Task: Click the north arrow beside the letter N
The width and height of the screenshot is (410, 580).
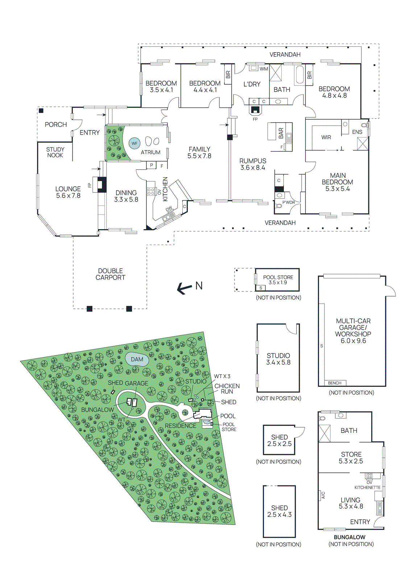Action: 185,289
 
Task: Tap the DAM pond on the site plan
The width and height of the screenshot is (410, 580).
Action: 137,359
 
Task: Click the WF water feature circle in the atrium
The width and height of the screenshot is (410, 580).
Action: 134,143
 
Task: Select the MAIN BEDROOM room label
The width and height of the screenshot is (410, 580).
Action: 337,182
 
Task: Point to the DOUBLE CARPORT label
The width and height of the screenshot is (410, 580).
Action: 110,274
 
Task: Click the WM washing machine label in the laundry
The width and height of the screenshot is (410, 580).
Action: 264,69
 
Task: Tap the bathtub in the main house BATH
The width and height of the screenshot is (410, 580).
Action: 300,75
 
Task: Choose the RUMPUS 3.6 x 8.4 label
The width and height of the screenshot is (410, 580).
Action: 253,164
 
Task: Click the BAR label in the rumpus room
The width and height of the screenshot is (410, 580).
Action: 281,133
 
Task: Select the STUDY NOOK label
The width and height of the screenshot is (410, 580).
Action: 55,152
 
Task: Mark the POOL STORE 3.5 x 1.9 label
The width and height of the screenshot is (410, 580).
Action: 278,280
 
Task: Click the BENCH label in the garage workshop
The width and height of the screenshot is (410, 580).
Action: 335,383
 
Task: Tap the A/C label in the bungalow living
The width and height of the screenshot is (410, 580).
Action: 323,495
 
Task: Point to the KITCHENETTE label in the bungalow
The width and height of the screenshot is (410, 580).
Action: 367,488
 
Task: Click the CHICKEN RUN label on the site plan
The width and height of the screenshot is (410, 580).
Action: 227,389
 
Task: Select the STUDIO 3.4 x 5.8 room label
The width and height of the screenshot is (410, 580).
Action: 278,359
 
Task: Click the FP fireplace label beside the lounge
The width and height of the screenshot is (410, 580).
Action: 90,185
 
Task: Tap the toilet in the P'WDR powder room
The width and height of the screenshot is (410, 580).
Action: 279,206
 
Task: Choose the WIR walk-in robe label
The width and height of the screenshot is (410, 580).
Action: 326,137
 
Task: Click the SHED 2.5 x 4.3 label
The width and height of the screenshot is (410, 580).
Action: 279,511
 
